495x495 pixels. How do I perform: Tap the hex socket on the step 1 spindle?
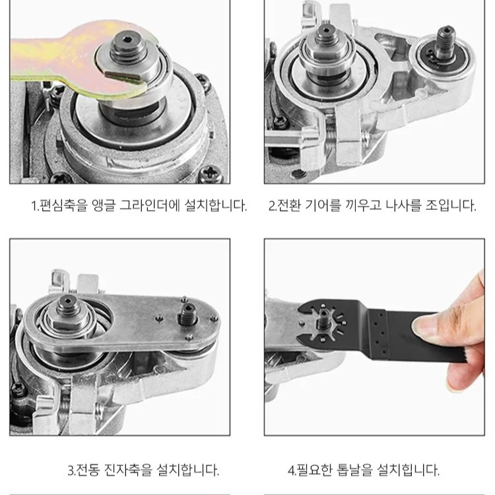point(123,47)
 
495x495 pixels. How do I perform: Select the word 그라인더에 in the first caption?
point(158,205)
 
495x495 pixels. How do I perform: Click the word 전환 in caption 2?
point(291,205)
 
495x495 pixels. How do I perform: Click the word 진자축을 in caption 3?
point(129,471)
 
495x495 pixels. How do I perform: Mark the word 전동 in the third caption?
point(90,471)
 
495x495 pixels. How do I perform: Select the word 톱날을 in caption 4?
point(356,471)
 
